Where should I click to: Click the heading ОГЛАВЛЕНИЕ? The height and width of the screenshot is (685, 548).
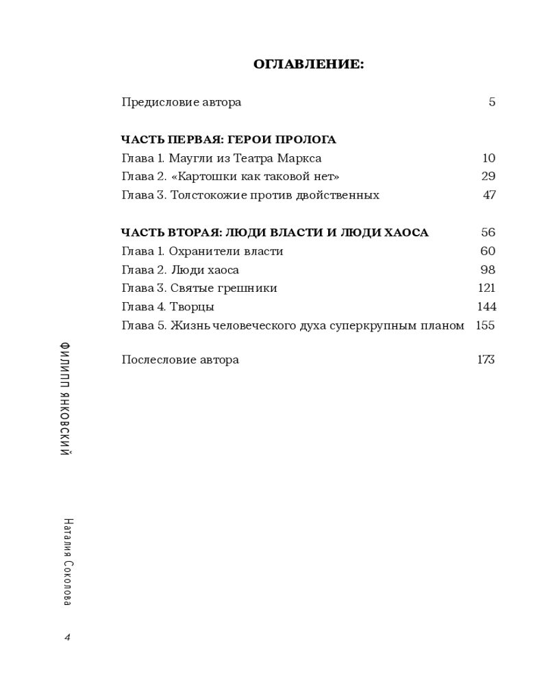(x=308, y=64)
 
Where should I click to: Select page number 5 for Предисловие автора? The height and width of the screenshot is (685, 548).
(x=492, y=102)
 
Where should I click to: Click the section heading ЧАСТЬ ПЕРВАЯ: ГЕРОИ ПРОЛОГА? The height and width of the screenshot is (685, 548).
(x=229, y=140)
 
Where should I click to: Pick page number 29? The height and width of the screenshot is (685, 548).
(x=488, y=177)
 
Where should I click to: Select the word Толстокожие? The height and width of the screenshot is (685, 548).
(x=206, y=195)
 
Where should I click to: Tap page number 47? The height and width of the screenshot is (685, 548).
(x=489, y=195)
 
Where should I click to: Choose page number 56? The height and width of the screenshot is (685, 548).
(x=488, y=233)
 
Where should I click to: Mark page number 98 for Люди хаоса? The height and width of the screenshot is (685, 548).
(x=488, y=270)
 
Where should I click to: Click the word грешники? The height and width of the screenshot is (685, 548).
(x=249, y=288)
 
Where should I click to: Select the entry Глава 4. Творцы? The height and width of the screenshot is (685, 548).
(x=168, y=307)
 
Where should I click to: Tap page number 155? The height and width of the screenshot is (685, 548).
(x=485, y=325)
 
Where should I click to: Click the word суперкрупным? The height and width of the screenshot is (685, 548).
(x=370, y=325)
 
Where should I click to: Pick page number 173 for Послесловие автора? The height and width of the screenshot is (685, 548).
(x=486, y=360)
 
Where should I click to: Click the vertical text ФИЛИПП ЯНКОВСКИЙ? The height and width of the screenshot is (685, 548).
(x=66, y=397)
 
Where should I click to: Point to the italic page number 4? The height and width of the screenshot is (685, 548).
(x=67, y=637)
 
